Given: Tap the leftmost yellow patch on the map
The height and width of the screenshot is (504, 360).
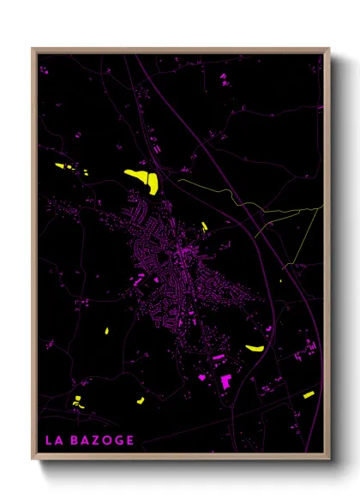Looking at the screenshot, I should [63, 166].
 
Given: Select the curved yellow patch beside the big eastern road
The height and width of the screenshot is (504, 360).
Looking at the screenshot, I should [254, 349].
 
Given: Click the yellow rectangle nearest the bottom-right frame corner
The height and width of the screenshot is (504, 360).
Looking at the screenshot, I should [309, 395].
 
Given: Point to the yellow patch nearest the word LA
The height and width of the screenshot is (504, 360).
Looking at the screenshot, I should [77, 400].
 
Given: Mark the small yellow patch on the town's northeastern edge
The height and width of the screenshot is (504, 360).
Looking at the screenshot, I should [206, 226].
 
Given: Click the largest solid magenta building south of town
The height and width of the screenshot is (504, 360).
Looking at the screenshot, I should [227, 381].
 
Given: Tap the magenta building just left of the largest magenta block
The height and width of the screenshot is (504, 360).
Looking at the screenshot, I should [202, 376].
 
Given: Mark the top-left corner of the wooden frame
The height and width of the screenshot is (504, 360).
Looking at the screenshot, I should [32, 49].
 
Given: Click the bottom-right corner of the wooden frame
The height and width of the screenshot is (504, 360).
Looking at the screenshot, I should [329, 460].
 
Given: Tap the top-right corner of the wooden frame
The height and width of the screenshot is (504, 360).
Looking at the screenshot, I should [329, 49].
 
